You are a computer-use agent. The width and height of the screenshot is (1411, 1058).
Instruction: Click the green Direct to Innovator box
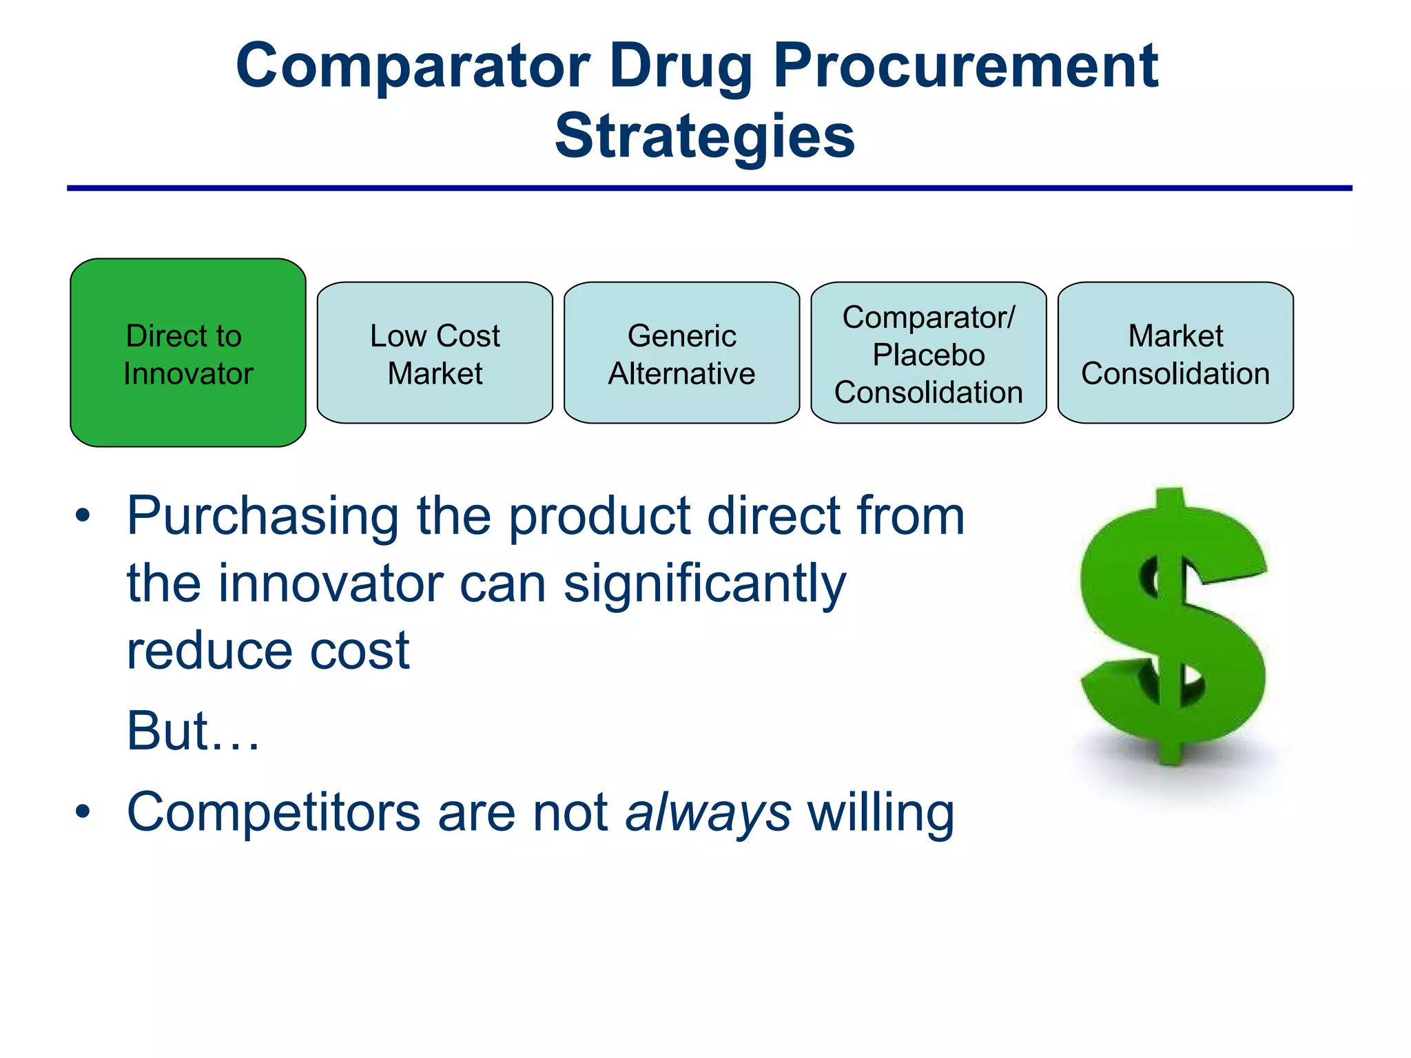click(x=187, y=353)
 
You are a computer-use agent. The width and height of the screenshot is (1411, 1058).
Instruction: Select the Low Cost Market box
click(x=435, y=353)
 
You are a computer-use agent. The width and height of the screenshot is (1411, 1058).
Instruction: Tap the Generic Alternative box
click(x=681, y=353)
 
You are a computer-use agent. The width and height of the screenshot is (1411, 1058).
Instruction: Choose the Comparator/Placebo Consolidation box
click(x=928, y=353)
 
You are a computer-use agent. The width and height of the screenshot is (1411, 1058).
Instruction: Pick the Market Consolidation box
click(x=1175, y=353)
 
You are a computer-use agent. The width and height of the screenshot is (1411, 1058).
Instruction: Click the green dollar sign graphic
click(x=1173, y=627)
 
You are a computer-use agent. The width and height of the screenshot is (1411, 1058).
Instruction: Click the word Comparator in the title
click(x=412, y=66)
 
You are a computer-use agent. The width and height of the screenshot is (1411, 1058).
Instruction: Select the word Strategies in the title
click(x=705, y=136)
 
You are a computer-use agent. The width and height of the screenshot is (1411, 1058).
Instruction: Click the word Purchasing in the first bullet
click(x=262, y=517)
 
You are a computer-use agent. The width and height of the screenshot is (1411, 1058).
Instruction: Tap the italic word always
click(x=708, y=813)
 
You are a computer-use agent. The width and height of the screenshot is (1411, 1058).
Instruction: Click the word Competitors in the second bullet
click(x=274, y=813)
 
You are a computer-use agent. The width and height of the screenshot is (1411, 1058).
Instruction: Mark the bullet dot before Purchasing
click(x=83, y=516)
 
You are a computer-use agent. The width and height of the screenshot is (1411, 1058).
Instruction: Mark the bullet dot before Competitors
click(x=83, y=811)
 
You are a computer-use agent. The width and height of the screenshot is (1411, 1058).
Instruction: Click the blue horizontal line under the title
click(x=710, y=188)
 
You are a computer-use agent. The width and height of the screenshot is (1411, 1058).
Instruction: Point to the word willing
click(x=880, y=813)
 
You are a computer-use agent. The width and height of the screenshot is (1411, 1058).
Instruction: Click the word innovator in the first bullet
click(x=331, y=584)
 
